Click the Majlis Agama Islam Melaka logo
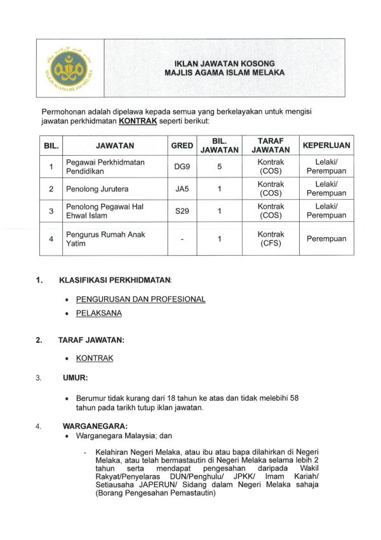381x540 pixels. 69,67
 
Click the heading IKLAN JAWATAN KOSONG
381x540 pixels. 224,63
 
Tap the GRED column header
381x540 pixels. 182,145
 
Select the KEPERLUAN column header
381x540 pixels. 326,145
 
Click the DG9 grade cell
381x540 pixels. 182,167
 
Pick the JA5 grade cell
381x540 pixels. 182,189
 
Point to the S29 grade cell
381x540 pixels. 182,211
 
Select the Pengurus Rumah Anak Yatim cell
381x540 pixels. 105,239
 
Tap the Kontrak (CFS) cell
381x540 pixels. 271,239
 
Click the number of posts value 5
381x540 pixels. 219,167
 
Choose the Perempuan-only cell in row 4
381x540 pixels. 326,239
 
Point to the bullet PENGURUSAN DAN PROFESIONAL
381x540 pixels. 140,299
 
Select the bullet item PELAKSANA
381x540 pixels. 98,314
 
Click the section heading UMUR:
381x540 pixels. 75,378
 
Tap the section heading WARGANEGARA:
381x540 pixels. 95,426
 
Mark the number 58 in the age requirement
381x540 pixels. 293,398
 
